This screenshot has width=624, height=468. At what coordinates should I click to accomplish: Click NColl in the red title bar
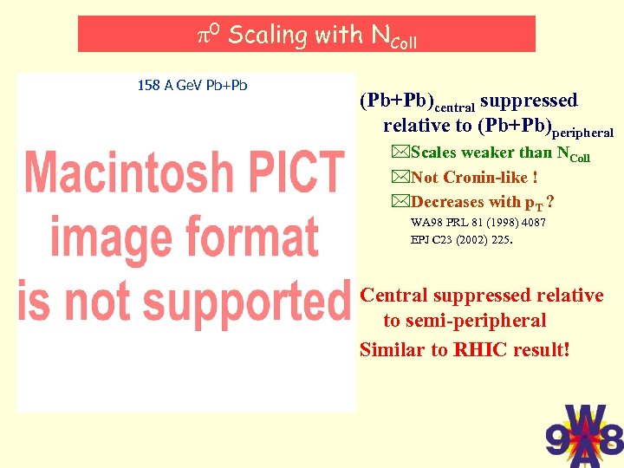click(393, 36)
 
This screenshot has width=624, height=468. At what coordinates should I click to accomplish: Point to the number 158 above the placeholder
click(148, 85)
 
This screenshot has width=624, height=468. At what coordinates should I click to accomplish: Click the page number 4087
click(532, 223)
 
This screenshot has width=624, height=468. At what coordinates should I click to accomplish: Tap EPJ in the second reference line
click(421, 240)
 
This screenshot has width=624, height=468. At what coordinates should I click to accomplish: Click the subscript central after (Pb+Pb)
click(453, 108)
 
